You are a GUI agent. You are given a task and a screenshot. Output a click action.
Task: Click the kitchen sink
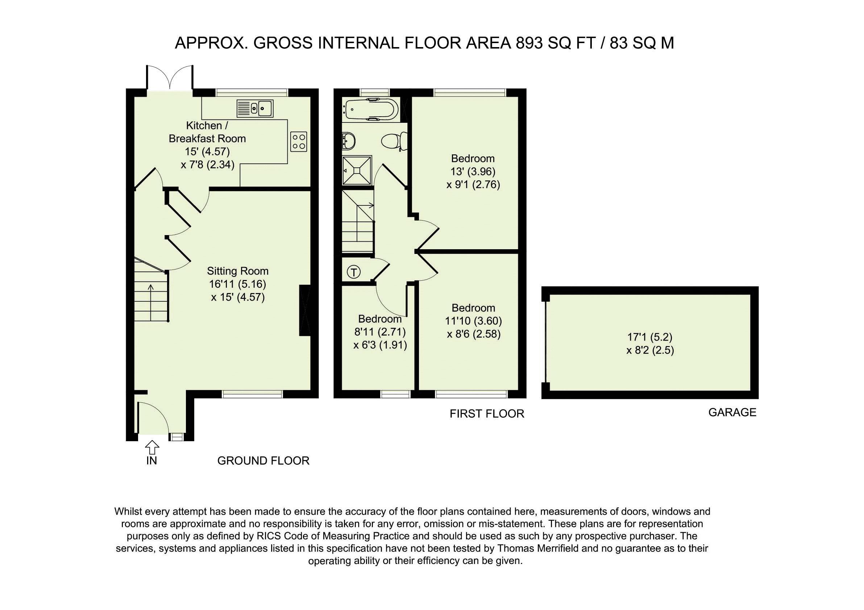(255, 108)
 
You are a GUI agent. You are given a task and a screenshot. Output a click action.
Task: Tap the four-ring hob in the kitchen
(299, 141)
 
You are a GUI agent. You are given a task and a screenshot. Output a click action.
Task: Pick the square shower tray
(357, 171)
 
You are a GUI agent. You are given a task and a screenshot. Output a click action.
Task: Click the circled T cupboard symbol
(354, 272)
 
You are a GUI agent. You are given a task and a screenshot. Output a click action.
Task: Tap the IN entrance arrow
(151, 447)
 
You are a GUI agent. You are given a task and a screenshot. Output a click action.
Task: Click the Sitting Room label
(238, 271)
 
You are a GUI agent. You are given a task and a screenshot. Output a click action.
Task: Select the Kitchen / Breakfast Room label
(207, 131)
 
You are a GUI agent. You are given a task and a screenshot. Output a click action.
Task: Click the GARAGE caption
(732, 412)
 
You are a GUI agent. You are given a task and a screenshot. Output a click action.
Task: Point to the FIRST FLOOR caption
(487, 414)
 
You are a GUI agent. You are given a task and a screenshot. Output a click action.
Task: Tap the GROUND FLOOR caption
(263, 461)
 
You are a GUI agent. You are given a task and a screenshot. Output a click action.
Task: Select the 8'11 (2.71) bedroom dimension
(380, 332)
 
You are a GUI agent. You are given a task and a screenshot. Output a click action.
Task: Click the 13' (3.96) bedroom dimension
(473, 171)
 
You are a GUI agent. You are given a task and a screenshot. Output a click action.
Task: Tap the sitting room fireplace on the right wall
(304, 310)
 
